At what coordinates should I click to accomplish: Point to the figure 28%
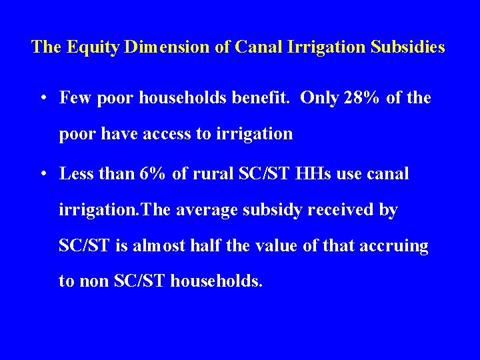(x=360, y=98)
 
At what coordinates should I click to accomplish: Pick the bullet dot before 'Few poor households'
(x=42, y=99)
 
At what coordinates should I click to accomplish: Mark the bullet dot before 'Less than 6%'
(x=42, y=175)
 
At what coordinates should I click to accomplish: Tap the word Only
(x=319, y=98)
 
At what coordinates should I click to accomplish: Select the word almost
(x=158, y=246)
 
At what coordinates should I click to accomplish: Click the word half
(x=203, y=246)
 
